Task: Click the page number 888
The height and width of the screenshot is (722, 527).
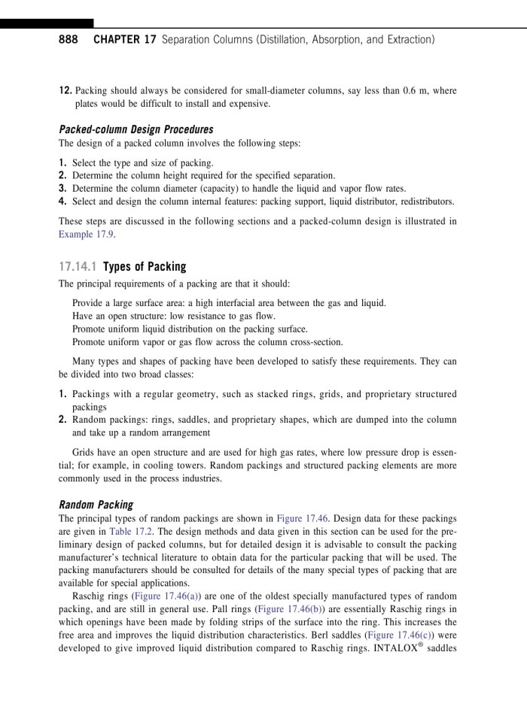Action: tap(69, 38)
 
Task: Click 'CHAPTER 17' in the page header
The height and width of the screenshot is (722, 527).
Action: tap(124, 38)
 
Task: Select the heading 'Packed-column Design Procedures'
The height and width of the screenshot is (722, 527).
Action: tap(136, 129)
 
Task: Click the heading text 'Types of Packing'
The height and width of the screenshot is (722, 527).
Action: tap(144, 266)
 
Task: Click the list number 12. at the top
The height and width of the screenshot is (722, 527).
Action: tap(65, 91)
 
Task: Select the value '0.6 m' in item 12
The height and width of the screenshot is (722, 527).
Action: tap(417, 91)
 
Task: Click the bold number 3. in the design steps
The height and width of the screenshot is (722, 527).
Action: tap(63, 189)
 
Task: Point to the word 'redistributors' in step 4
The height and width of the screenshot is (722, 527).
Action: tap(425, 202)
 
